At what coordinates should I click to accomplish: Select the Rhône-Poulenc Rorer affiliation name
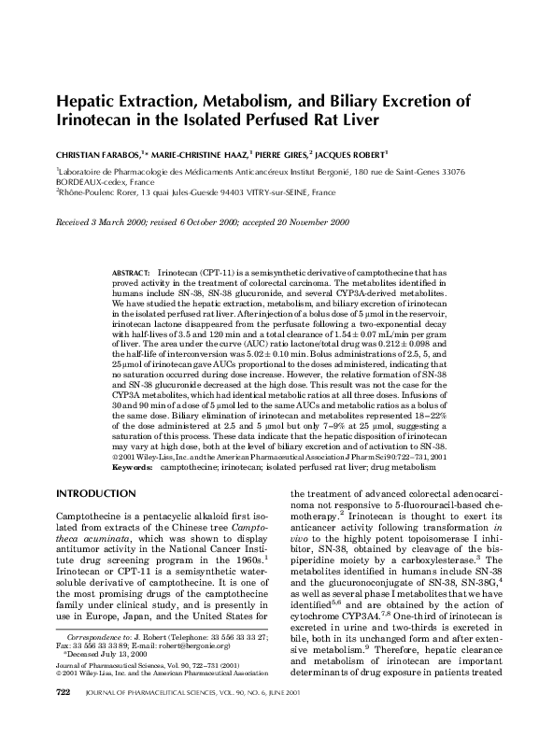pos(101,197)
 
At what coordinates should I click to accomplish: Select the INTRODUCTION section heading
pos(97,491)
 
